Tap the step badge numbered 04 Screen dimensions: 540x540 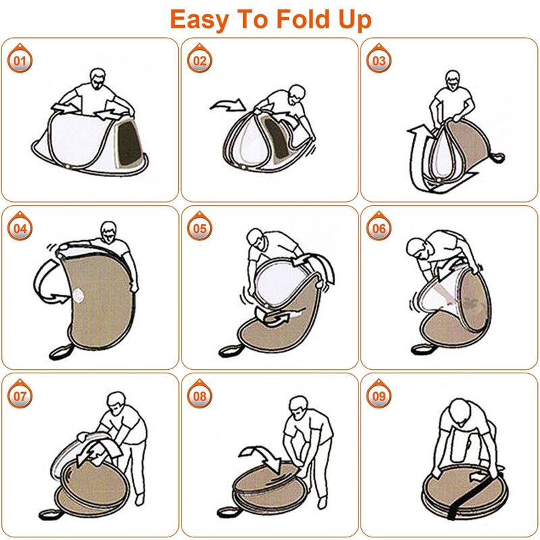pos(20,229)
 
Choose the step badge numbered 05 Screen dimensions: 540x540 pos(200,229)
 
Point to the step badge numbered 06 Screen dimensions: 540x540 pos(379,229)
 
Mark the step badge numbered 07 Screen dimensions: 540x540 pos(20,396)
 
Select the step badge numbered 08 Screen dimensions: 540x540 pos(200,396)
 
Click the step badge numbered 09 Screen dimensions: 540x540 pos(379,396)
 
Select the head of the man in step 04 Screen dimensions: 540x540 pos(107,231)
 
